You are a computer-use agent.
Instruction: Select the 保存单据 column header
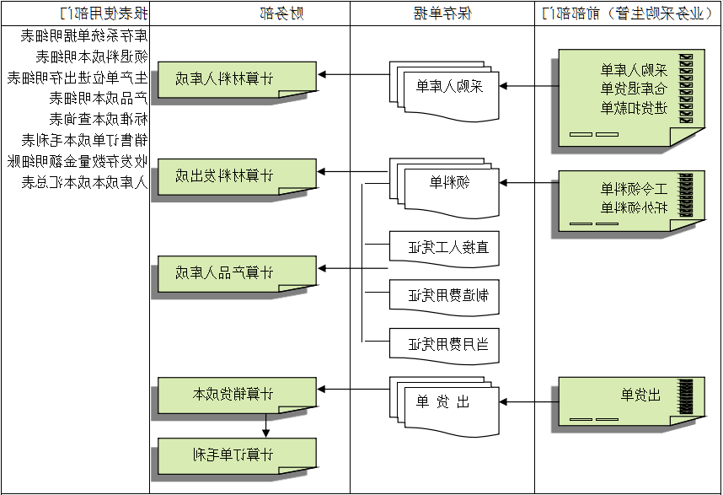click(x=442, y=13)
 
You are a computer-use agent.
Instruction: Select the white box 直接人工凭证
click(x=445, y=247)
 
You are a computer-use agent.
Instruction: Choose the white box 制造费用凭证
click(x=445, y=295)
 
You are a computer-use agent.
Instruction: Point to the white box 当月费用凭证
click(x=445, y=344)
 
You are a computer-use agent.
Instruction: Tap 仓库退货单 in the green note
click(x=633, y=89)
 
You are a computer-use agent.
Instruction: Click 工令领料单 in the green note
click(x=633, y=188)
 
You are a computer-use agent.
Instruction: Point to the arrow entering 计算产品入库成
click(x=334, y=269)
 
